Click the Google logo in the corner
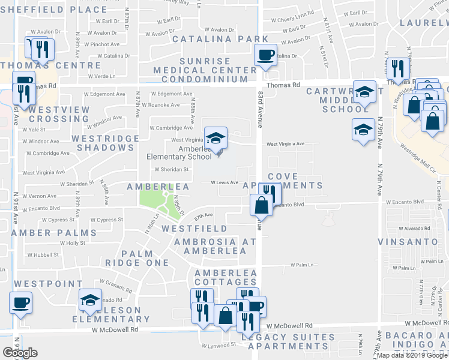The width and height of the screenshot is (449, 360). (20, 352)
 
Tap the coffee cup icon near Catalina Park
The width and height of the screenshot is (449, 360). (265, 55)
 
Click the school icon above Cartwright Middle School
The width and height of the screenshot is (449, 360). (364, 92)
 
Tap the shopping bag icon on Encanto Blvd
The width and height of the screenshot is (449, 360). (262, 206)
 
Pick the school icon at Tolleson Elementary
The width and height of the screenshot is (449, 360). (91, 300)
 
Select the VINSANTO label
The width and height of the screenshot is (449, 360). (408, 242)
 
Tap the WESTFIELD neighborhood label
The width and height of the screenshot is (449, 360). (194, 229)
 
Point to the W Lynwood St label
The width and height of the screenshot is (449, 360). (218, 345)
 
